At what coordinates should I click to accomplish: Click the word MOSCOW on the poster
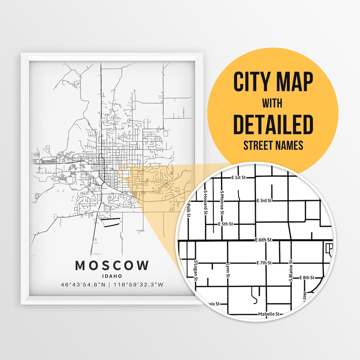112,266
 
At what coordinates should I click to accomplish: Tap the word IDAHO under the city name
112,276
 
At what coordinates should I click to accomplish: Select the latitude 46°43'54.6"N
85,285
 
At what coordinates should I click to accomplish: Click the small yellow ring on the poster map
126,173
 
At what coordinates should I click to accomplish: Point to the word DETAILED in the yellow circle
273,124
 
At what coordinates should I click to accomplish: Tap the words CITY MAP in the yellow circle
273,82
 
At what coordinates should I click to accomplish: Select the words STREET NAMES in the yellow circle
273,145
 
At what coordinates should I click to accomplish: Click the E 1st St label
239,178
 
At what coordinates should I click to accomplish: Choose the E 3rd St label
264,201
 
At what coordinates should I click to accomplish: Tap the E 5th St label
225,224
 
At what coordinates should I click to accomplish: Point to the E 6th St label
264,240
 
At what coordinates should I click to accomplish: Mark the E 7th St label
264,263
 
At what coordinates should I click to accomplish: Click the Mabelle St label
269,314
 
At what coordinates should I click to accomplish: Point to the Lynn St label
228,271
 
